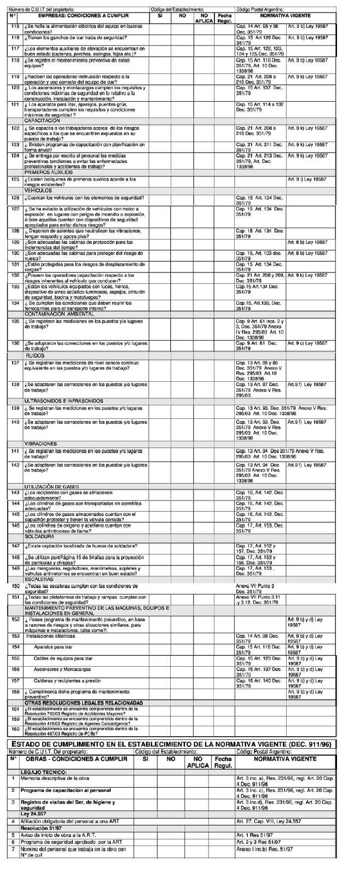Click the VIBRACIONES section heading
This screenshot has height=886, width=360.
point(40,443)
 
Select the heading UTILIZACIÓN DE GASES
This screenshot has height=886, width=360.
point(52,486)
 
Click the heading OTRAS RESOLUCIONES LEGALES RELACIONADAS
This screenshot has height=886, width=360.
point(84,703)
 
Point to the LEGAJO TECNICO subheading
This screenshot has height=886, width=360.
point(43,771)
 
